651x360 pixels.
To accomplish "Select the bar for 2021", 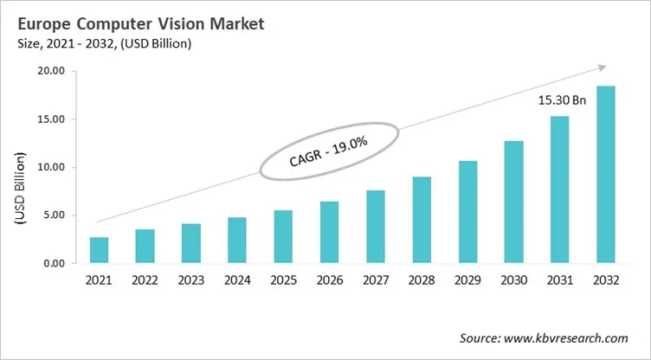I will click(100, 250).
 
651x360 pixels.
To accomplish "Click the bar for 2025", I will click(282, 237).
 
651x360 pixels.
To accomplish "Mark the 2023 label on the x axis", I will click(190, 280).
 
